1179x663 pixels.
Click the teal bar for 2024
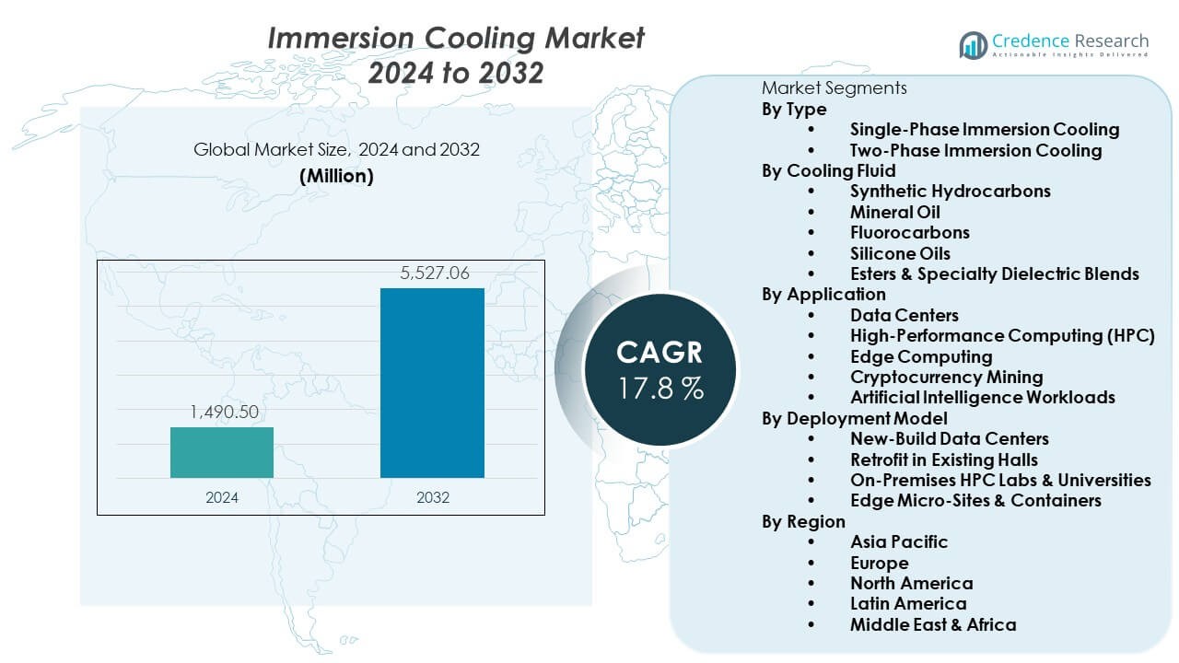click(222, 452)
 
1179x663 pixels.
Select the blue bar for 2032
click(432, 383)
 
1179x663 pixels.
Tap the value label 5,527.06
click(432, 273)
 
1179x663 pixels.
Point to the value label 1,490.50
click(224, 413)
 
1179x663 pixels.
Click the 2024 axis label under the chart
click(222, 497)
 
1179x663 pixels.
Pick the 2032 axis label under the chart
click(432, 497)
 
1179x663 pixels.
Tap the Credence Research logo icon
click(973, 44)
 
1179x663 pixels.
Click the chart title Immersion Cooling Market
click(456, 39)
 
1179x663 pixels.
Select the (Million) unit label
click(336, 176)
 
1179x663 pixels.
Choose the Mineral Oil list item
click(894, 212)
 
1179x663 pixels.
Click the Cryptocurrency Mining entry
click(946, 377)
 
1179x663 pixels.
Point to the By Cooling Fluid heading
click(828, 170)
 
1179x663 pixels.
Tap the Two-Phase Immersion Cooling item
click(975, 150)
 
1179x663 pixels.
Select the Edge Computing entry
click(921, 356)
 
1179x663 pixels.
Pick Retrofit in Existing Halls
click(943, 459)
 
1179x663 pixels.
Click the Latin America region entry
click(908, 604)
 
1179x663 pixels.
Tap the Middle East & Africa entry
click(933, 624)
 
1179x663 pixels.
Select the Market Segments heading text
click(834, 88)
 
